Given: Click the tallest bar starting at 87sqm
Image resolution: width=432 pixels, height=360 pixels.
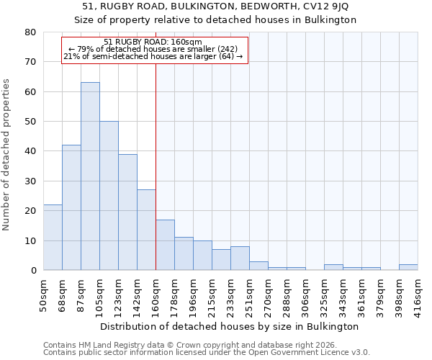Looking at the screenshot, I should coord(90,176).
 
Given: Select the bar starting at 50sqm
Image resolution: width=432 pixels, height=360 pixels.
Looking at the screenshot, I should coord(53,238).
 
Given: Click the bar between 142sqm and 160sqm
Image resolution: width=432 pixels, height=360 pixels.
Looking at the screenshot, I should coord(146,230).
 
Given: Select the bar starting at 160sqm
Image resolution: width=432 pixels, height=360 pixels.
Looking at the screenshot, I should coord(165,245).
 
